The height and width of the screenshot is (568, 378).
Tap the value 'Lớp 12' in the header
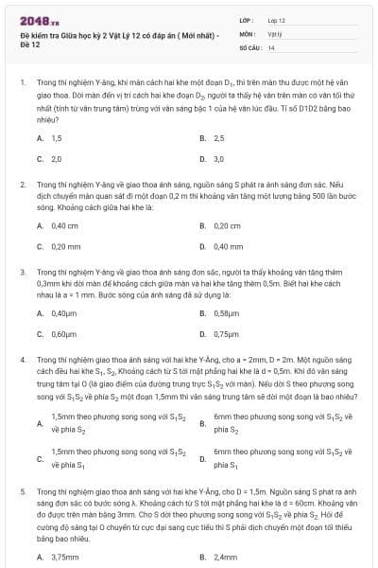coord(276,20)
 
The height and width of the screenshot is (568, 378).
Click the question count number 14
coord(271,46)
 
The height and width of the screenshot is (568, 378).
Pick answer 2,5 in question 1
coord(219,138)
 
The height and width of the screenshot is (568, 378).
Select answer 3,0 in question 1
coord(219,159)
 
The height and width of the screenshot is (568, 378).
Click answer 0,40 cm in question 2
coord(65,225)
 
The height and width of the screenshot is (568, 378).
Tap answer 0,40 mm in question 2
coord(229,246)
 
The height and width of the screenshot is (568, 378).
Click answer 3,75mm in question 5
coord(64,556)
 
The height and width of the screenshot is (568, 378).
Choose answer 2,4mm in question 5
coord(226,556)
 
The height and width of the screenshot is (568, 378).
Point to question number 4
coord(22,361)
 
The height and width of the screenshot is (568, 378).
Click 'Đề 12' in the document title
coord(30,44)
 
